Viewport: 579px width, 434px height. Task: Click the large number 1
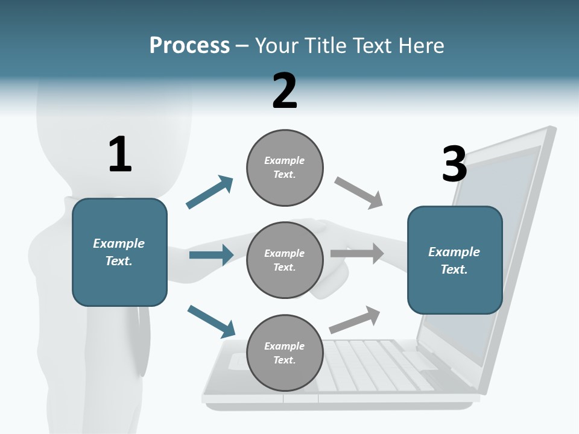coord(120,154)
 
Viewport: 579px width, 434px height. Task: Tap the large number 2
coord(285,91)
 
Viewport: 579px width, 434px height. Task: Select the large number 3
coord(454,164)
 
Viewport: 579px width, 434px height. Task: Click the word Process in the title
coord(189,46)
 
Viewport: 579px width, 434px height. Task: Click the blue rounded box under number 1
coord(119,252)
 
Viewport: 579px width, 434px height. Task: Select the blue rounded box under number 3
coord(455,260)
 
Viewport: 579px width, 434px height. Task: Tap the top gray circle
coord(285,167)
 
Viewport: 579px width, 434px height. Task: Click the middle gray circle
coord(285,260)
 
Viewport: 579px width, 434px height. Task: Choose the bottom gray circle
coord(285,353)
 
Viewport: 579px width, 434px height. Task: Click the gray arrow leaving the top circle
coord(359,193)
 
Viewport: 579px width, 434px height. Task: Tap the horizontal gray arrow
coord(357,254)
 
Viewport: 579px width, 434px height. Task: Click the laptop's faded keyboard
coord(374,362)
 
